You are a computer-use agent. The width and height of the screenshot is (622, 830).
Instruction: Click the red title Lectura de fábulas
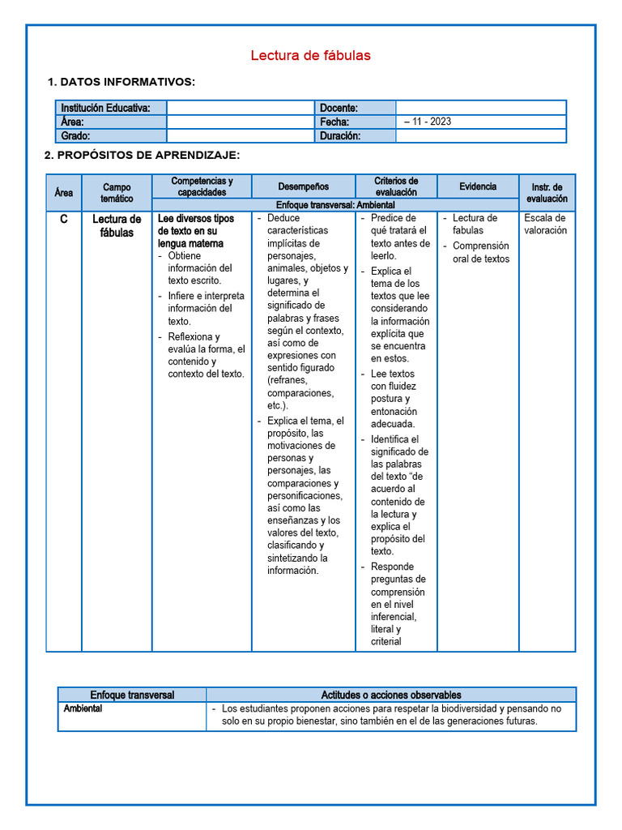pos(310,56)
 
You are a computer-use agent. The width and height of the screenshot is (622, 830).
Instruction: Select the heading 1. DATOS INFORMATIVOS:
pos(121,82)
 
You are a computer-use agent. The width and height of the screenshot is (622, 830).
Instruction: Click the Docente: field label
pos(339,108)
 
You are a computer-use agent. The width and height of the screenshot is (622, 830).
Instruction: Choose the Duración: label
pos(340,136)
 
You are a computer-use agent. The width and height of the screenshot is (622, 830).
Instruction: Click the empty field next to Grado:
pos(240,136)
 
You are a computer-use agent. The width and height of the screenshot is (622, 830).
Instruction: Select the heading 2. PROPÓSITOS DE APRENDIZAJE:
pos(143,155)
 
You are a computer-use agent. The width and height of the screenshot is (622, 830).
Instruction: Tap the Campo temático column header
pos(117,192)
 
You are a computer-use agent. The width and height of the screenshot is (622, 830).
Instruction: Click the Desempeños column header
pos(304,186)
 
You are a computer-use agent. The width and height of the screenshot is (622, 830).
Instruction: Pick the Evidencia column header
pos(478,186)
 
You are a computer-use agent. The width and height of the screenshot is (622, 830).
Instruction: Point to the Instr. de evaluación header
pos(547,192)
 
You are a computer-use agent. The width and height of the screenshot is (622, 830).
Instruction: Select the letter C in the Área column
pos(63,220)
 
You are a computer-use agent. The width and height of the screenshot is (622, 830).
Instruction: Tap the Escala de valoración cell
pos(546,224)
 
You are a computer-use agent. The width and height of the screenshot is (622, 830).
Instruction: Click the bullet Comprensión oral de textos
pos(481,252)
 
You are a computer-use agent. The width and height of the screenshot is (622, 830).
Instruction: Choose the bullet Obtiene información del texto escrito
pos(200,267)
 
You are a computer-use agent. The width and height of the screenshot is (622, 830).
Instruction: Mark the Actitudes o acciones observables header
pos(391,695)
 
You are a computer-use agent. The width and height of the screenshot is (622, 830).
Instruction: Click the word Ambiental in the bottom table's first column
pos(83,708)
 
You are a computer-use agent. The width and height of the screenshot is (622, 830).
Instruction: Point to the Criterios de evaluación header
pos(396,186)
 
